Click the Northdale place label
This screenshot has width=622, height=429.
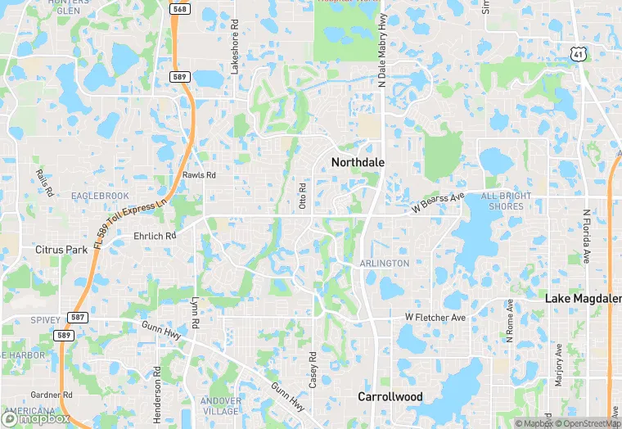pos(358,162)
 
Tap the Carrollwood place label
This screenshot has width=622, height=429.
pos(390,396)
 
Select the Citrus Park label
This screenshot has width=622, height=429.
pos(61,249)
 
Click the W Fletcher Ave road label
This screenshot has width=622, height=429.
pos(435,317)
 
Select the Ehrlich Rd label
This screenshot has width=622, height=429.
pos(155,236)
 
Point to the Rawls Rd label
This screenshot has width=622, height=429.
pos(199,175)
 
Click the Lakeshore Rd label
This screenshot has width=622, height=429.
pos(234,47)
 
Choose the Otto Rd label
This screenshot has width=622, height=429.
pos(302,196)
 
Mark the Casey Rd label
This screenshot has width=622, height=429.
pos(313,369)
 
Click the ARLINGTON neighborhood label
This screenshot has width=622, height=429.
pos(384,263)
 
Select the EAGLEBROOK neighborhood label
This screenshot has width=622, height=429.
pos(100,196)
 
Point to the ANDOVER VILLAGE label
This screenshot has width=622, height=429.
pos(221,407)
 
